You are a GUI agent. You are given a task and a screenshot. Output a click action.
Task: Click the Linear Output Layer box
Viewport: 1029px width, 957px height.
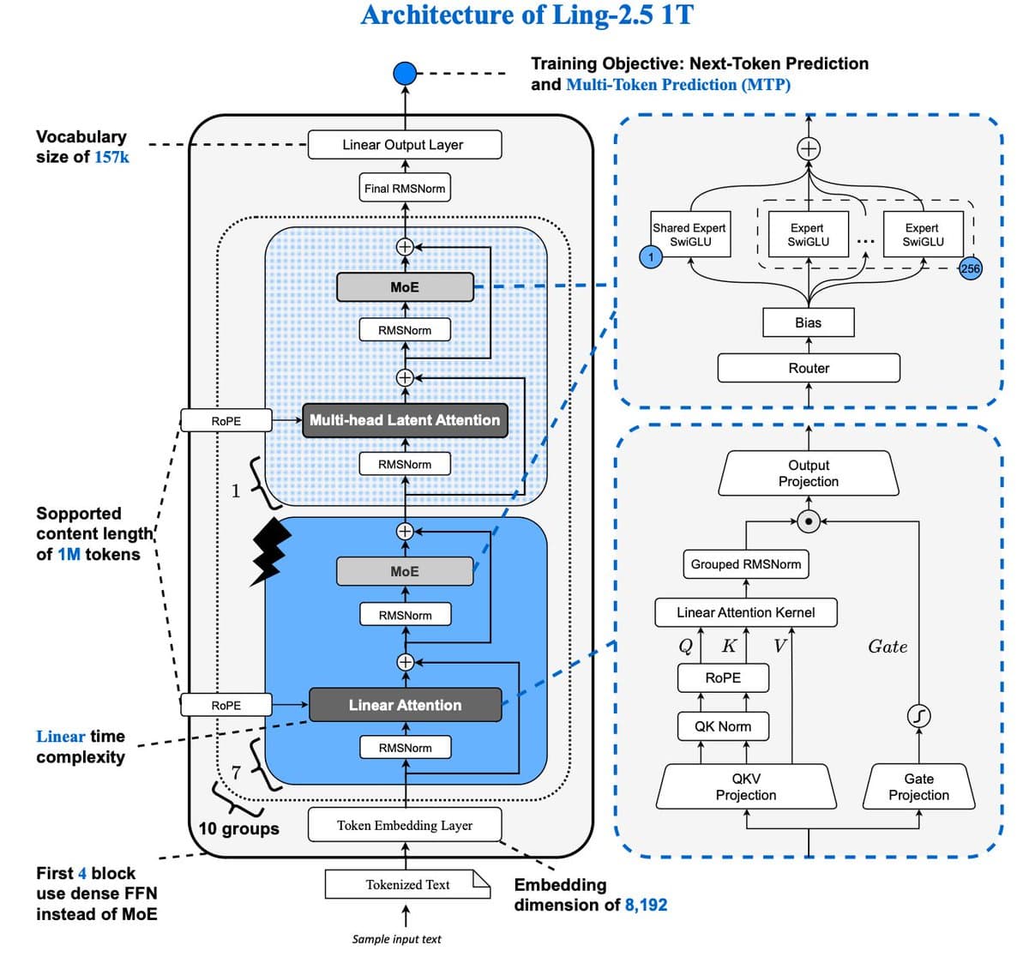click(x=404, y=145)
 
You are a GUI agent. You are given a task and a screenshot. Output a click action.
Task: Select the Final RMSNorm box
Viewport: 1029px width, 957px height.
click(x=405, y=189)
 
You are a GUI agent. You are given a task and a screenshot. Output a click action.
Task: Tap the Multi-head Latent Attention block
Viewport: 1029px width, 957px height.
click(x=405, y=420)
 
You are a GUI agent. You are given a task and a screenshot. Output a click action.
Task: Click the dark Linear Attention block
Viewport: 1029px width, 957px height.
click(x=405, y=705)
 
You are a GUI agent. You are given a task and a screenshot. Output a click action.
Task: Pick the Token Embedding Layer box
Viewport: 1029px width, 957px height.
click(x=405, y=826)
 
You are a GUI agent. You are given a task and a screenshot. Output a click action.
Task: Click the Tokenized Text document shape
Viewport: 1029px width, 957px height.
click(x=407, y=885)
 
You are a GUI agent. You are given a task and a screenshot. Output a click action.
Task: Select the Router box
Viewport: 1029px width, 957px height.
click(x=809, y=368)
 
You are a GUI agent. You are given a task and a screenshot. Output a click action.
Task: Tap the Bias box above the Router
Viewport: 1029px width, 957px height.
click(x=808, y=322)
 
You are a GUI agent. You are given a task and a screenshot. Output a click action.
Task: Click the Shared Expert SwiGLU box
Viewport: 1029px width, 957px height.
click(x=689, y=234)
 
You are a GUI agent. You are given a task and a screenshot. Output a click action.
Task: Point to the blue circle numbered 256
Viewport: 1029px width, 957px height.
click(x=970, y=268)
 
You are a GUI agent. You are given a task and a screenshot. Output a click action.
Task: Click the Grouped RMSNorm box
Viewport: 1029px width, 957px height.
click(x=746, y=564)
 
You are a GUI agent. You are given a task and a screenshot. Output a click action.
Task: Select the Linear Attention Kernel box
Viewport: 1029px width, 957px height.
click(x=746, y=612)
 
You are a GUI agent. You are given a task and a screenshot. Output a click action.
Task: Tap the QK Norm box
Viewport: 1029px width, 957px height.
click(x=723, y=726)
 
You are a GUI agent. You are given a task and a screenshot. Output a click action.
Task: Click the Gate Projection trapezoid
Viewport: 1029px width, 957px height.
click(x=918, y=786)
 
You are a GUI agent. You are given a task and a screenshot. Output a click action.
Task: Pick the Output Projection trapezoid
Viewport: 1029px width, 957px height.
click(x=809, y=473)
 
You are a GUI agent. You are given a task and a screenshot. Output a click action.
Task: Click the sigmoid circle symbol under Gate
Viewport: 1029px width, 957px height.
click(x=918, y=715)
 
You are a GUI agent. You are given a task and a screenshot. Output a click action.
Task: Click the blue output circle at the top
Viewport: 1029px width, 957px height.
click(x=405, y=73)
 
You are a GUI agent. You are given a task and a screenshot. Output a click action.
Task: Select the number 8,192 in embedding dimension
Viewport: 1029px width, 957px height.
click(x=646, y=905)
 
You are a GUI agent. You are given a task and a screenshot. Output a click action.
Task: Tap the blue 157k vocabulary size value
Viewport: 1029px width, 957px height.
click(x=111, y=157)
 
